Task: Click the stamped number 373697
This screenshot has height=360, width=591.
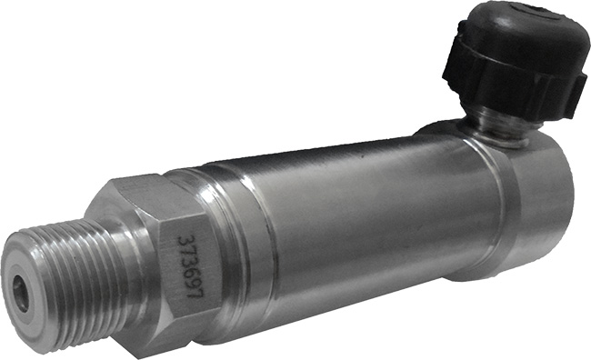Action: [x=190, y=266]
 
